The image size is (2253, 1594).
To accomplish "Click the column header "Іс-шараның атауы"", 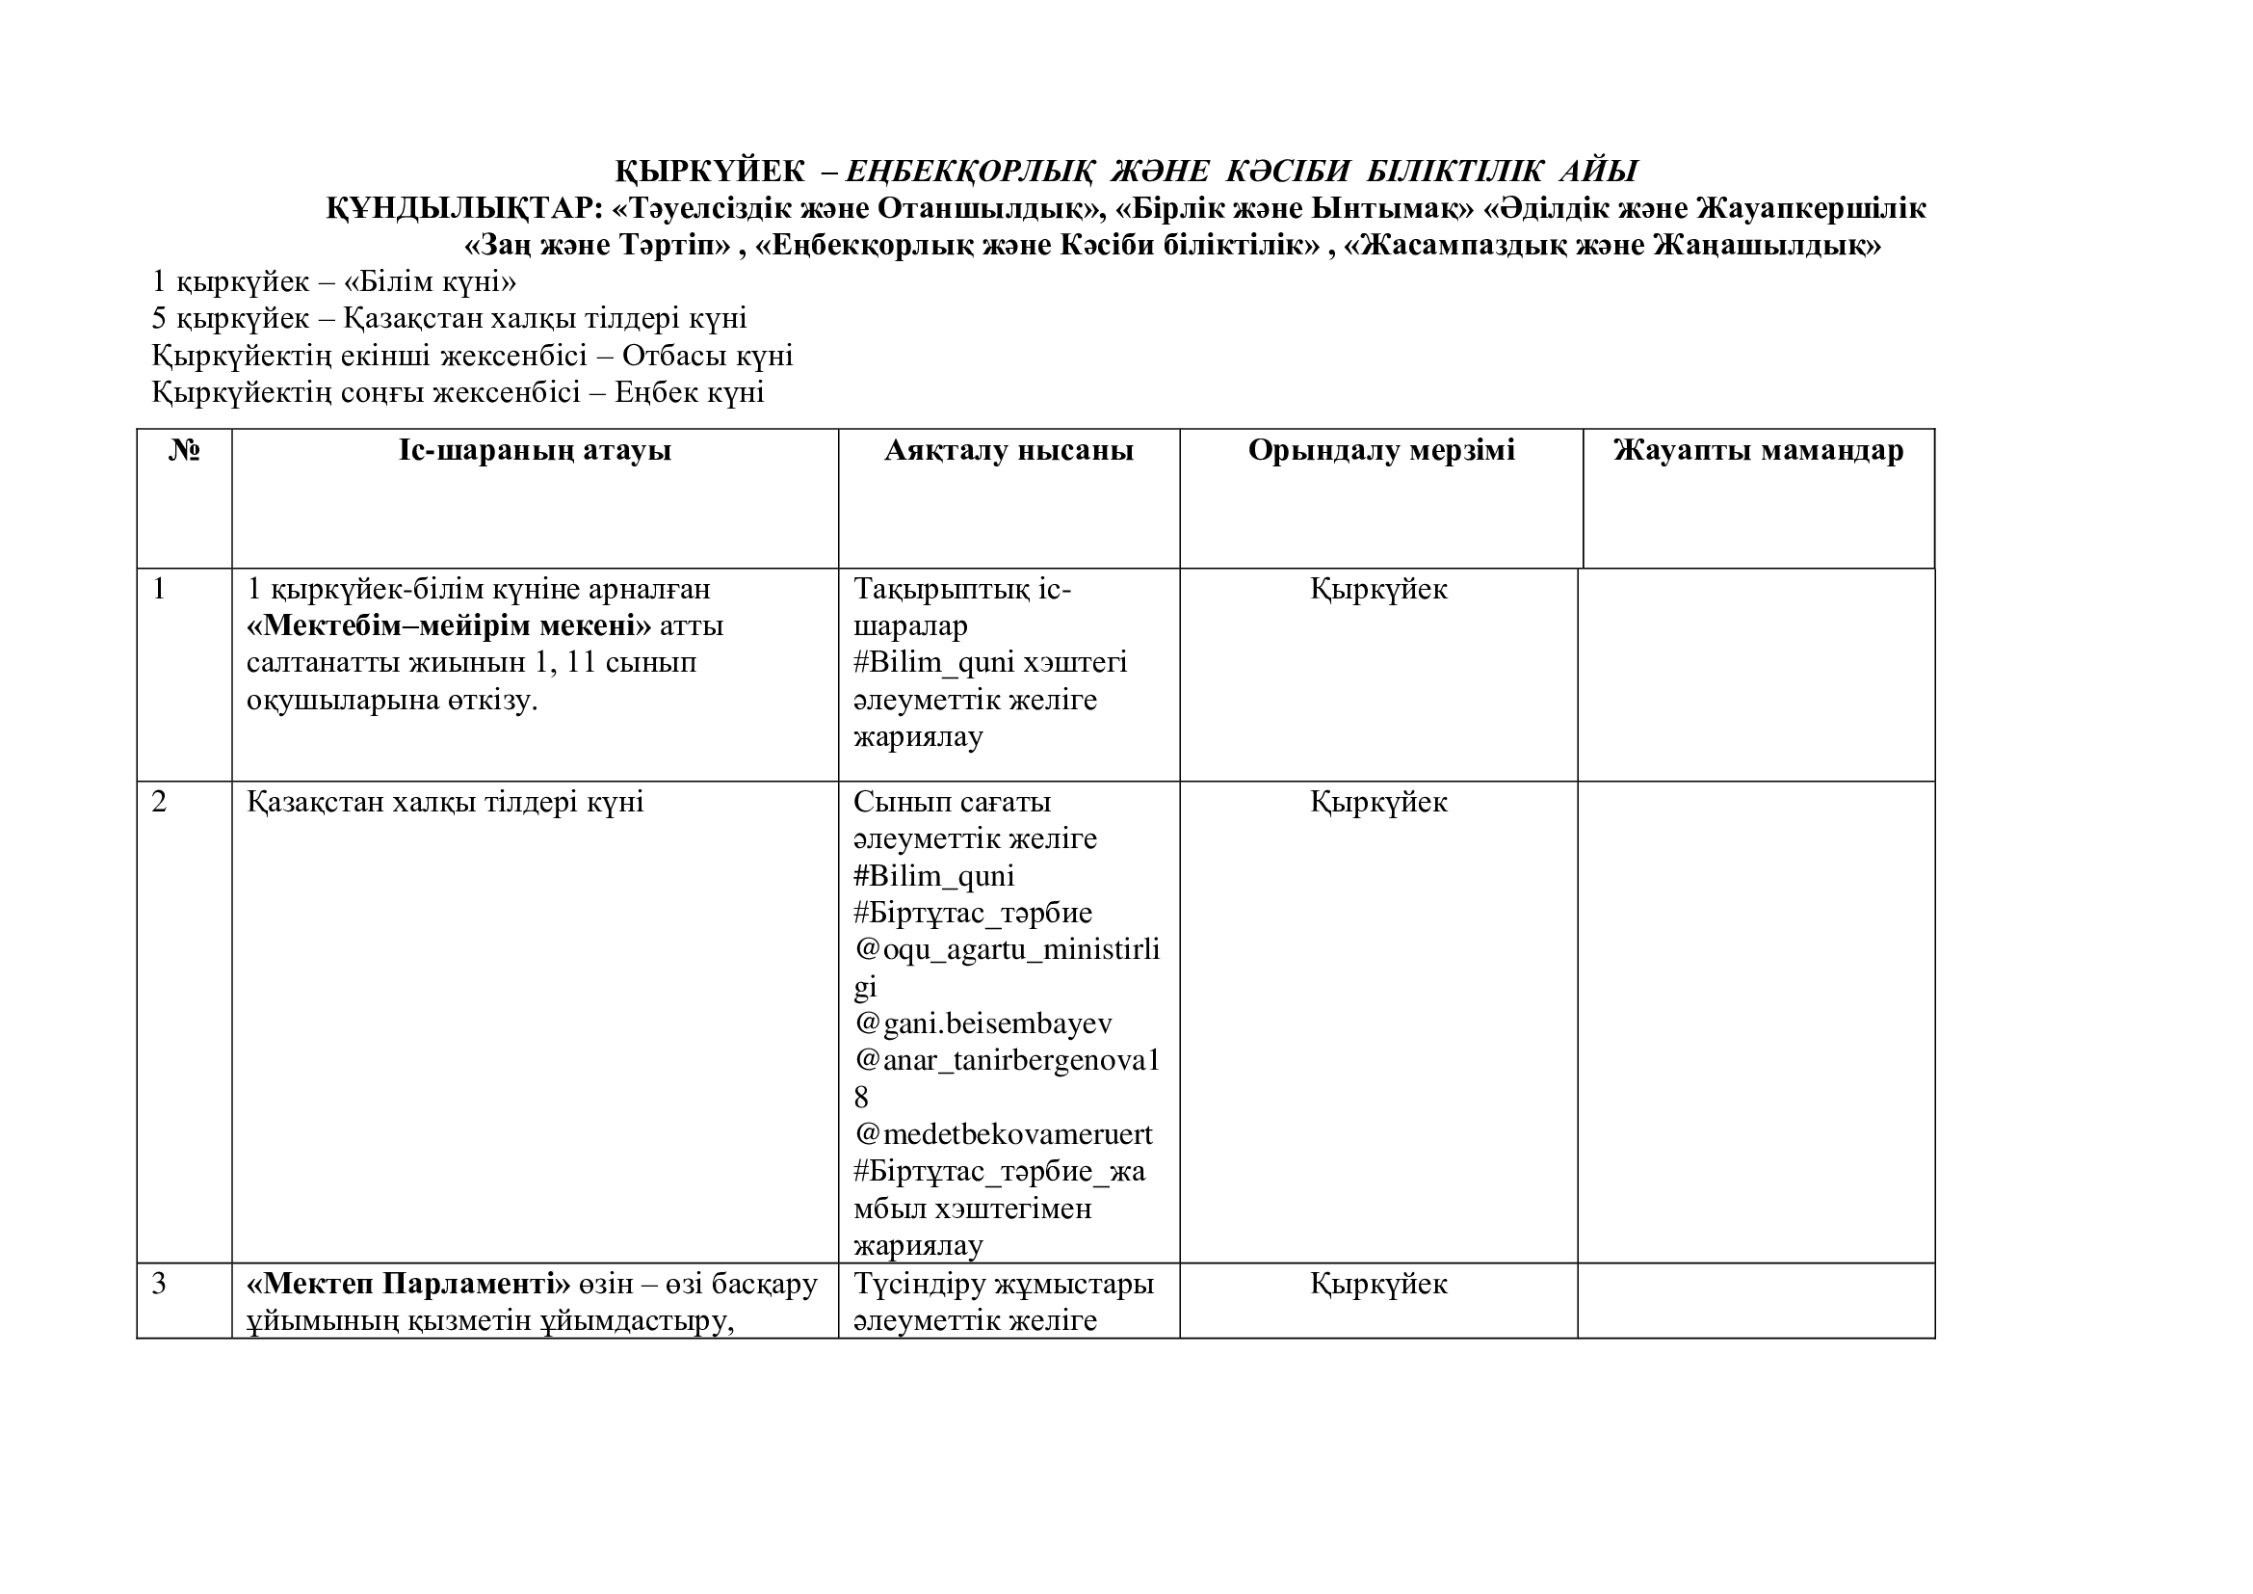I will [535, 450].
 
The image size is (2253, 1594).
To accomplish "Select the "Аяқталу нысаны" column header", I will [1009, 450].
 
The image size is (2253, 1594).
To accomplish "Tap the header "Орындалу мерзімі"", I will [1380, 450].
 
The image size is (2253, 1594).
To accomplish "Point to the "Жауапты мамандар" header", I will [1759, 450].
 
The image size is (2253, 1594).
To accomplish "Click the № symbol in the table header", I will [185, 450].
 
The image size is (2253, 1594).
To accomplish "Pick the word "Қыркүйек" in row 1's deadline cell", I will [1378, 590].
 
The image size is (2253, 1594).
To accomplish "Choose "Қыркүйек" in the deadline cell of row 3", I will [1378, 1285].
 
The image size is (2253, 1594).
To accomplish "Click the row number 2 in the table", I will [160, 803].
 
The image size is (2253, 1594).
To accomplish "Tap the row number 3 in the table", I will [160, 1285].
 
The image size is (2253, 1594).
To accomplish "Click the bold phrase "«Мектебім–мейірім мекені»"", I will [450, 626].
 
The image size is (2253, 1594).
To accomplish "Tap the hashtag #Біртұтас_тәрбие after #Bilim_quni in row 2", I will [973, 914].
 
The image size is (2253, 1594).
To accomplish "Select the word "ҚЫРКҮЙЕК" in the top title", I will [710, 172].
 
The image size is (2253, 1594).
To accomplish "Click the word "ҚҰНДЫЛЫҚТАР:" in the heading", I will [463, 209].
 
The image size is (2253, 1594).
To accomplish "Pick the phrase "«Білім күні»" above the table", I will [430, 282].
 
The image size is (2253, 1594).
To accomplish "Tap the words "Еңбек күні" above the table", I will [689, 393].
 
